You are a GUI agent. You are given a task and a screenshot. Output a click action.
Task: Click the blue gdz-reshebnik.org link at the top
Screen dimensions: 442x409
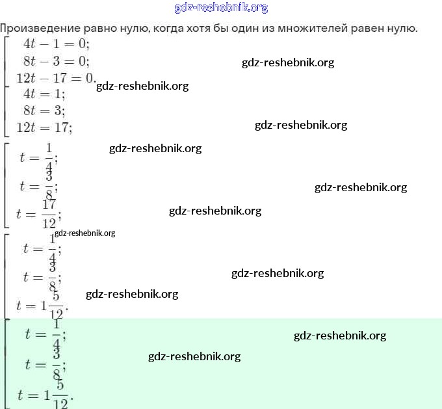pyautogui.click(x=221, y=8)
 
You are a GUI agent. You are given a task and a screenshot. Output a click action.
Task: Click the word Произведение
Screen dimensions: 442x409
pyautogui.click(x=40, y=29)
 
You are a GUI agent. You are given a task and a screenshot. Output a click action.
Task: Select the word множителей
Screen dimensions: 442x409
pyautogui.click(x=313, y=29)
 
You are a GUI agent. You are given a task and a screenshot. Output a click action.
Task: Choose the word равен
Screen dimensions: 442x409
pyautogui.click(x=367, y=29)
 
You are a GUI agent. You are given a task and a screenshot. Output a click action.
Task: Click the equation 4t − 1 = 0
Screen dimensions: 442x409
pyautogui.click(x=57, y=44)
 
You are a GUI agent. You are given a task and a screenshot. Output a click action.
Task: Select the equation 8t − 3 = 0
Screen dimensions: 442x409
pyautogui.click(x=57, y=61)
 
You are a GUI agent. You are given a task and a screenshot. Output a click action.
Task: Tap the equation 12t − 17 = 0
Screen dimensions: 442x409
pyautogui.click(x=56, y=78)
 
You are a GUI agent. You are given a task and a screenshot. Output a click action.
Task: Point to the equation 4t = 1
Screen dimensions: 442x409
pyautogui.click(x=44, y=94)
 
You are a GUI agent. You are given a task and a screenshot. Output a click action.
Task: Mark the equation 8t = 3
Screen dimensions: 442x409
pyautogui.click(x=44, y=111)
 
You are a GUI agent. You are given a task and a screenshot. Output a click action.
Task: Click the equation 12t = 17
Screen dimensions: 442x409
pyautogui.click(x=44, y=127)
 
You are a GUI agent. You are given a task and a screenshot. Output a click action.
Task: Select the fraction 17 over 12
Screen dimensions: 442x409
pyautogui.click(x=49, y=214)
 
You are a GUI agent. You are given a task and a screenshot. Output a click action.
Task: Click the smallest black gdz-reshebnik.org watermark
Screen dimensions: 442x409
pyautogui.click(x=85, y=233)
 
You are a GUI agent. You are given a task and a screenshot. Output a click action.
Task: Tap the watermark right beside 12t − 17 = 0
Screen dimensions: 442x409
pyautogui.click(x=142, y=86)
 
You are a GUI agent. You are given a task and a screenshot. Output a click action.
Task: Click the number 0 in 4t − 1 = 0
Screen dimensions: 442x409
pyautogui.click(x=83, y=44)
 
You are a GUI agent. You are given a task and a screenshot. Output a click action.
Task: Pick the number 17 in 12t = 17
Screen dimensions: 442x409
pyautogui.click(x=62, y=127)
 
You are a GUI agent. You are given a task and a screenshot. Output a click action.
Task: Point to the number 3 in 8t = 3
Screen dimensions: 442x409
pyautogui.click(x=58, y=111)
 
